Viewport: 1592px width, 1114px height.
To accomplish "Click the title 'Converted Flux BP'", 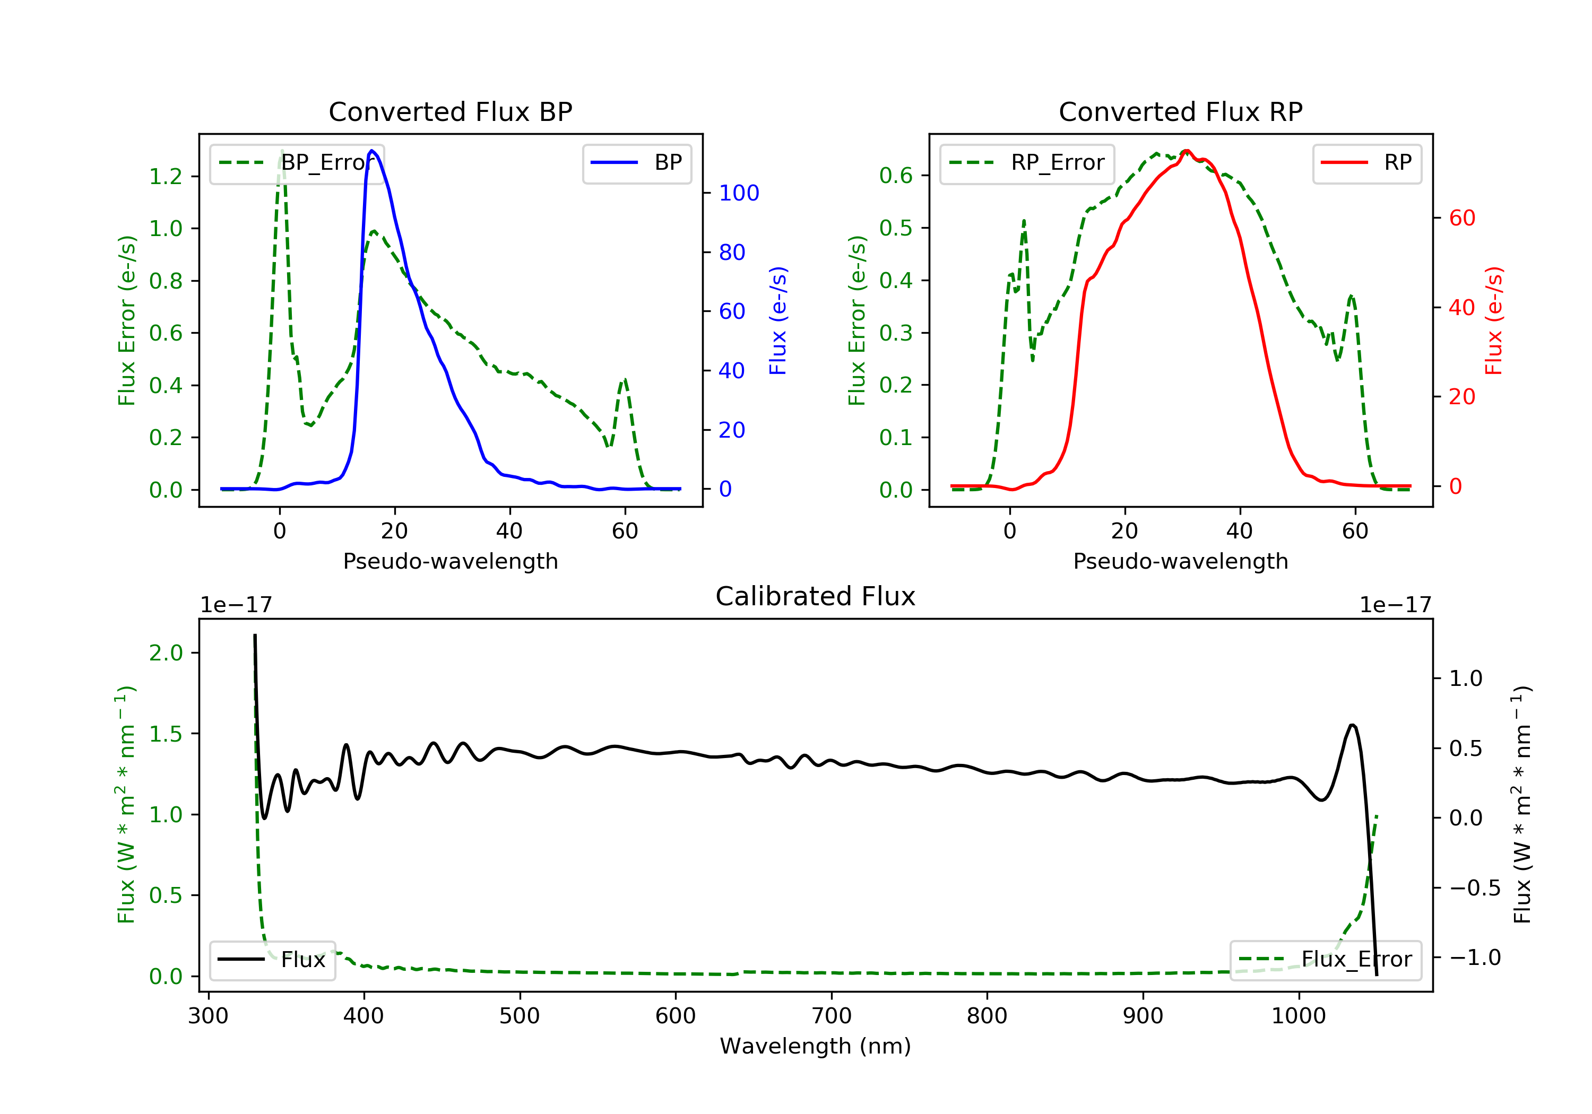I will click(450, 111).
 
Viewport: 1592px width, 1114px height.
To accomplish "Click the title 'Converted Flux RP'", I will click(1180, 111).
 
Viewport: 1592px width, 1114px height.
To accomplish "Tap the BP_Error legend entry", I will click(297, 163).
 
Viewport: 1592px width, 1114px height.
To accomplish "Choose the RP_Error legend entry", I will click(1027, 163).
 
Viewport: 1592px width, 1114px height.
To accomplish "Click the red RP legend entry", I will click(1366, 163).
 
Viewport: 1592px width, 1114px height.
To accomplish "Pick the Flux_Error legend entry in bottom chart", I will click(1325, 960).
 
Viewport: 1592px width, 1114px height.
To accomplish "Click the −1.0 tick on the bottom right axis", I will click(1474, 958).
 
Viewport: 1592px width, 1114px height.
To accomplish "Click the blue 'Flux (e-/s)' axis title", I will click(778, 320).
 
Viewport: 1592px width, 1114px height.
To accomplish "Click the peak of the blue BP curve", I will click(373, 151).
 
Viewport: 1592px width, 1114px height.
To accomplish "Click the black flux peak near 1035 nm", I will click(1352, 725).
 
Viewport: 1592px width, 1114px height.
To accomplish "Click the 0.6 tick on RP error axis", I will click(896, 176).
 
